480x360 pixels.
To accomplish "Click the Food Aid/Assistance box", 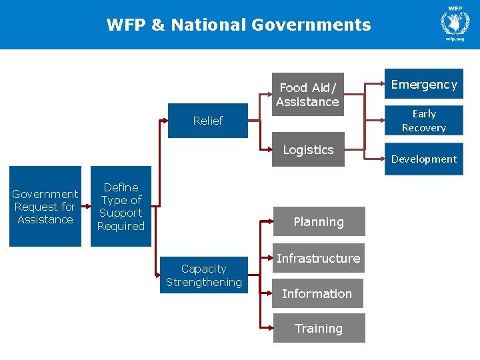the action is click(307, 94).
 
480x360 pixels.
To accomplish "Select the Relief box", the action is click(207, 121).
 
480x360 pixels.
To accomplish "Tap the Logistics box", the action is click(307, 150).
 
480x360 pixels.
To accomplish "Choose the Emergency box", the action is click(424, 84).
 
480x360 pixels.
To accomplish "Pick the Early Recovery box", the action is click(424, 121).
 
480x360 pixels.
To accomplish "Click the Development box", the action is click(424, 159).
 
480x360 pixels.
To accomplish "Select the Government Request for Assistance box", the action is click(45, 207).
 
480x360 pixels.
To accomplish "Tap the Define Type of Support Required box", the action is click(121, 207).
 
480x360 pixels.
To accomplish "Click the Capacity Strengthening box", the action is click(204, 275).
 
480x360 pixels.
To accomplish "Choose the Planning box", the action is click(319, 221).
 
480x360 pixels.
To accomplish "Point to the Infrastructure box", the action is click(319, 258).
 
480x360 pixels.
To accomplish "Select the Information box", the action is click(317, 293).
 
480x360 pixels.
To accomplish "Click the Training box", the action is click(319, 328).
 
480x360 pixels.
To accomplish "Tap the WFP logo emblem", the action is click(455, 23).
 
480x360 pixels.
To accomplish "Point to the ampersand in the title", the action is click(158, 25).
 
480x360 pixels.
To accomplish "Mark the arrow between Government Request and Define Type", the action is click(86, 206).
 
